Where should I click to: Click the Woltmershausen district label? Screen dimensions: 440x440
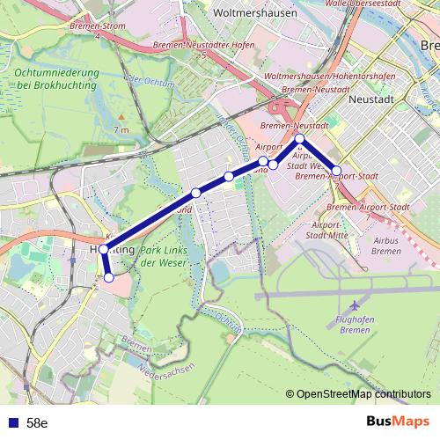(x=235, y=15)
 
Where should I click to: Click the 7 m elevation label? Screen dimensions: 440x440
(x=121, y=130)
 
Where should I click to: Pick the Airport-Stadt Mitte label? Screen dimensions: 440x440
(x=327, y=231)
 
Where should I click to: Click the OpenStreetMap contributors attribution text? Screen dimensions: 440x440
(x=363, y=394)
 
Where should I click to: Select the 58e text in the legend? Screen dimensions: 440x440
(x=37, y=422)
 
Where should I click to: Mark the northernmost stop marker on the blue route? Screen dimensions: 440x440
(x=300, y=139)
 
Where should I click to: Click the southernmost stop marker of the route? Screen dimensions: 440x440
(x=109, y=277)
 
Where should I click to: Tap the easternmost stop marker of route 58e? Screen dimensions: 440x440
(x=336, y=170)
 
